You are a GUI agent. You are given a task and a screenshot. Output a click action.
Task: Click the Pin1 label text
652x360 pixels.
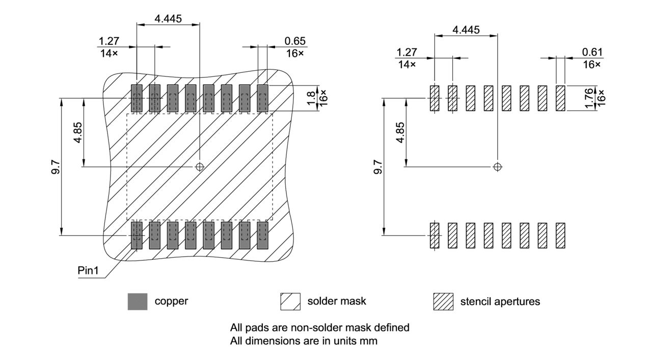(x=88, y=270)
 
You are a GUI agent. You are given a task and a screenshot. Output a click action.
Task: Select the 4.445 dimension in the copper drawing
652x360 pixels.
(x=168, y=18)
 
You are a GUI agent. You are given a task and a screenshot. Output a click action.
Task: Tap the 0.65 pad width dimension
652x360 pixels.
(x=295, y=41)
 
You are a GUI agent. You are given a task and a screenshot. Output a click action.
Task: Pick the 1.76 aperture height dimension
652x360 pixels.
(x=589, y=97)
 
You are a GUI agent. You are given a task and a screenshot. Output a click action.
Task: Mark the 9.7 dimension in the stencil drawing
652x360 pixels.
(x=377, y=166)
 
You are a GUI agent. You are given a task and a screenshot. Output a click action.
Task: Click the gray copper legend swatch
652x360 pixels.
(x=137, y=301)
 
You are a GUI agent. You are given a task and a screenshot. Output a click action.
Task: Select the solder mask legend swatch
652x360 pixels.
(x=290, y=301)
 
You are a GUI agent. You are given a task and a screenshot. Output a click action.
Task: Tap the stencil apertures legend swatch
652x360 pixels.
(x=443, y=301)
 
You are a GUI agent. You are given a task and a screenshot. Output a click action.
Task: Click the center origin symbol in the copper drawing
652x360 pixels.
(x=200, y=167)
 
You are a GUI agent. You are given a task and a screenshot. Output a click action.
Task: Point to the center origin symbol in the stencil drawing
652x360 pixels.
(x=498, y=167)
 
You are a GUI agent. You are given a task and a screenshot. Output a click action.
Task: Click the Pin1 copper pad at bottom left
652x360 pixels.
(x=137, y=235)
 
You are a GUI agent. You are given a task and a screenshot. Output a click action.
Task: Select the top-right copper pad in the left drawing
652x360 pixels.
(x=262, y=98)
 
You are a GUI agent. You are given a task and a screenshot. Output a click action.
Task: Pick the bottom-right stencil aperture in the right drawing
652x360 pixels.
(x=560, y=235)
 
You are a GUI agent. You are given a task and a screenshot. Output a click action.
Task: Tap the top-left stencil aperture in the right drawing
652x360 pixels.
(x=434, y=98)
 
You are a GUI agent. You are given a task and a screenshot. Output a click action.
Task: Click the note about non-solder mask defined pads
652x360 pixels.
(x=320, y=327)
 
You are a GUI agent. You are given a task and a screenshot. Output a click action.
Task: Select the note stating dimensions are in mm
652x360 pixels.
(x=304, y=341)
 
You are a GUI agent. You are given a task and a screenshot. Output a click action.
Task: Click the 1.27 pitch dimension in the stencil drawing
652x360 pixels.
(x=406, y=52)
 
